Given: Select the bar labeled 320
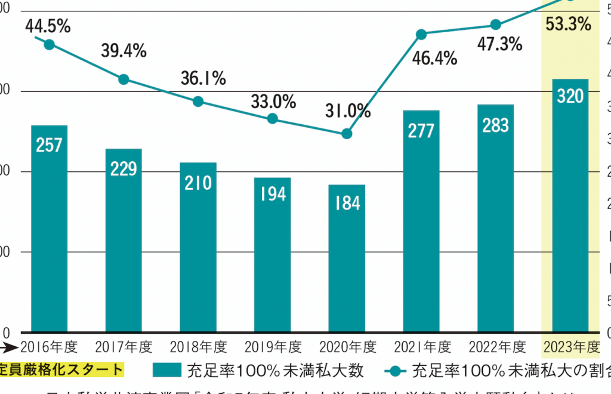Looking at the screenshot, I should tap(570, 209).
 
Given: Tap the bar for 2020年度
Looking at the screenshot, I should tap(347, 263).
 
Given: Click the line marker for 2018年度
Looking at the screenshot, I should tap(199, 101).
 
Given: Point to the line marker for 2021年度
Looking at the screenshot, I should tap(421, 34).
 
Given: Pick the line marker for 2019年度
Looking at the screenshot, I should tap(273, 118).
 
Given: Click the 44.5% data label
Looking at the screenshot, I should tap(48, 26).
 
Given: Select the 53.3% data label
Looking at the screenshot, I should tap(568, 24).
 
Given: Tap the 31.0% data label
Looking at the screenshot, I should tap(348, 111).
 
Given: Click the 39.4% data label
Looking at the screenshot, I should tap(124, 51).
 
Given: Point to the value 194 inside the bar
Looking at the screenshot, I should tap(273, 193).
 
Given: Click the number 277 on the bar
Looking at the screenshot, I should tap(421, 131).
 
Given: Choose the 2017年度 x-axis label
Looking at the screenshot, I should tap(124, 347).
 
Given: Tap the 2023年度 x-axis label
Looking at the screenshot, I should tap(570, 347).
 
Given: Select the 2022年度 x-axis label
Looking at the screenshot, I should tap(496, 347).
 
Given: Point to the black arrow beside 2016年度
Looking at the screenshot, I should tap(9, 346).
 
